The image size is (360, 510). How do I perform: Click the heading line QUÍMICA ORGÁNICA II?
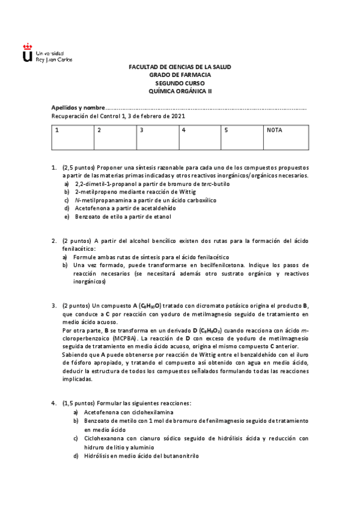(180, 91)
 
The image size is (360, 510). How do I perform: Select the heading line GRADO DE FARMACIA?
(180, 75)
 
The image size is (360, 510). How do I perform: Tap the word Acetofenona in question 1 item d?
(92, 208)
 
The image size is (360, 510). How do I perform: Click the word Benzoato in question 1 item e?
(88, 217)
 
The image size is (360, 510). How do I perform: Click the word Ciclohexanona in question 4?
(103, 438)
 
